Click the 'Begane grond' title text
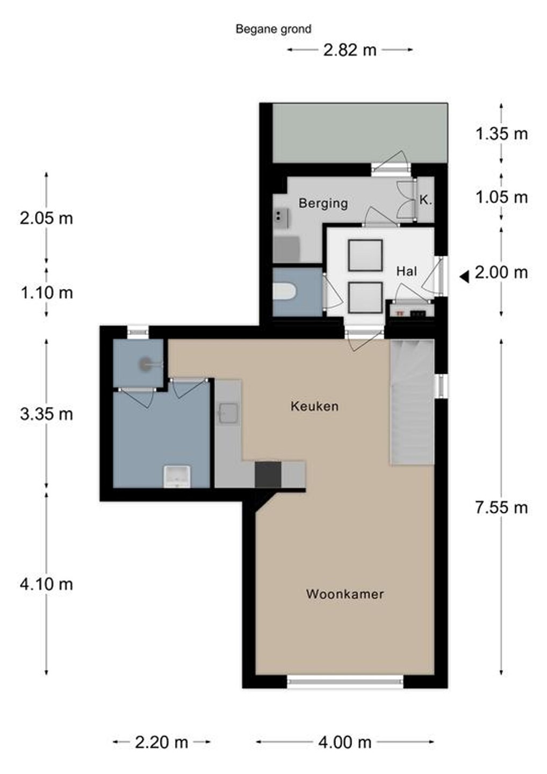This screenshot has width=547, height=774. click(273, 30)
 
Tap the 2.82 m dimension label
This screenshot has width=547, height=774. click(349, 51)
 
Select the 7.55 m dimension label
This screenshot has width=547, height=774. click(501, 508)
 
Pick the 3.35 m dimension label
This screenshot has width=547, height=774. click(46, 414)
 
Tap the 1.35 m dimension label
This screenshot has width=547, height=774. click(501, 134)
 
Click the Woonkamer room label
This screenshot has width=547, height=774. click(344, 594)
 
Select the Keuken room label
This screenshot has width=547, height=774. click(314, 406)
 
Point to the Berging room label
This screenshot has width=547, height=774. click(323, 203)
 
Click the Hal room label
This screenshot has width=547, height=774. click(406, 271)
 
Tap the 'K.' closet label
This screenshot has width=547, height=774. click(426, 200)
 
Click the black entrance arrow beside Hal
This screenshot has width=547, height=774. click(464, 277)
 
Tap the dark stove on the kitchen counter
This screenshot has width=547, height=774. click(268, 475)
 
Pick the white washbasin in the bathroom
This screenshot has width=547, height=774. click(177, 477)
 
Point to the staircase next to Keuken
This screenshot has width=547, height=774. click(412, 402)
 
